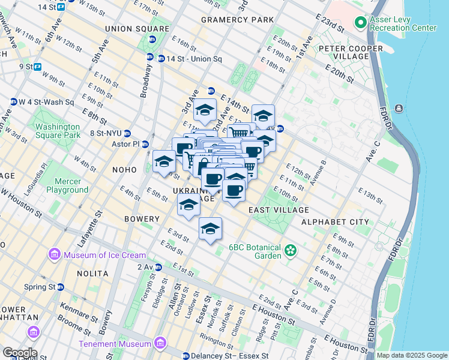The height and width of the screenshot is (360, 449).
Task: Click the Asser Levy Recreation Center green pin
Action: [361, 23]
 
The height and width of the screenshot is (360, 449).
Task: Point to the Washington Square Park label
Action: [57, 131]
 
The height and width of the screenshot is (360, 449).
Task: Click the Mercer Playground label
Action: [63, 185]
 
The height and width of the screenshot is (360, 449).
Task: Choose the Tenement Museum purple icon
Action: [160, 343]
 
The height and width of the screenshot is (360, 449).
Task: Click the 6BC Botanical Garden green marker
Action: [291, 250]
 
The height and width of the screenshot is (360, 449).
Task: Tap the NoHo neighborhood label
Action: [124, 170]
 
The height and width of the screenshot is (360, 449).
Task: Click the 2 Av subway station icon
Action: [158, 267]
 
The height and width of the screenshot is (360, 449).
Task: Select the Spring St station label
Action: [40, 287]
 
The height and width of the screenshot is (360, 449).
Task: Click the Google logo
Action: [19, 353]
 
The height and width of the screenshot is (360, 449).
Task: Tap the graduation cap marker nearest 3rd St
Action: [210, 229]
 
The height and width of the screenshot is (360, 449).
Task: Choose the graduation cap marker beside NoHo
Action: [164, 161]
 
